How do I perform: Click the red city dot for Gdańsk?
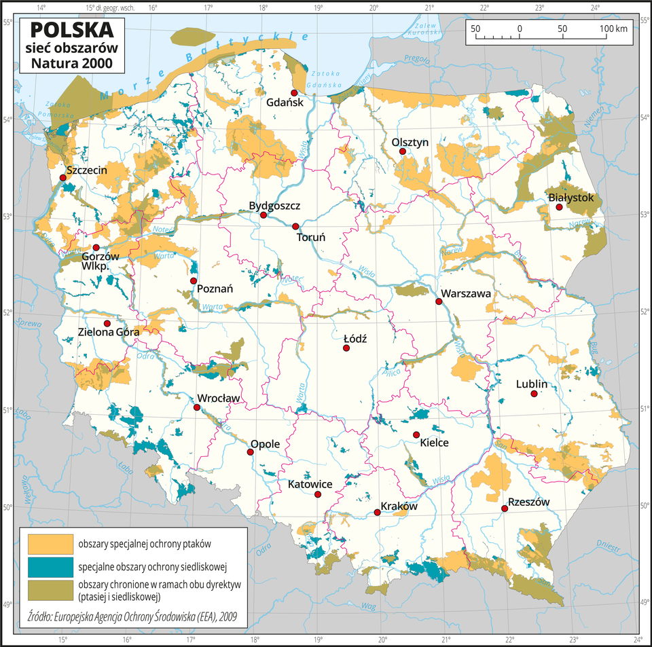pyautogui.click(x=294, y=93)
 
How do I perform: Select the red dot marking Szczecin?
pyautogui.click(x=62, y=177)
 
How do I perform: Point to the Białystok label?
pyautogui.click(x=571, y=198)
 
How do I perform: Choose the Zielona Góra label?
pyautogui.click(x=109, y=333)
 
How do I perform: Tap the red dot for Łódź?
pyautogui.click(x=346, y=348)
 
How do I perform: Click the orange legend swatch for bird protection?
pyautogui.click(x=50, y=544)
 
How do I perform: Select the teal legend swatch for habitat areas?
pyautogui.click(x=50, y=566)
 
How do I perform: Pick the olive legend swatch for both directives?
pyautogui.click(x=50, y=589)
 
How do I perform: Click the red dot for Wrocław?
pyautogui.click(x=197, y=407)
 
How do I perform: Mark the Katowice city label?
pyautogui.click(x=310, y=484)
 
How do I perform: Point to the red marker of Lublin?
pyautogui.click(x=535, y=394)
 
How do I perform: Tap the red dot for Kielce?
pyautogui.click(x=416, y=435)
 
